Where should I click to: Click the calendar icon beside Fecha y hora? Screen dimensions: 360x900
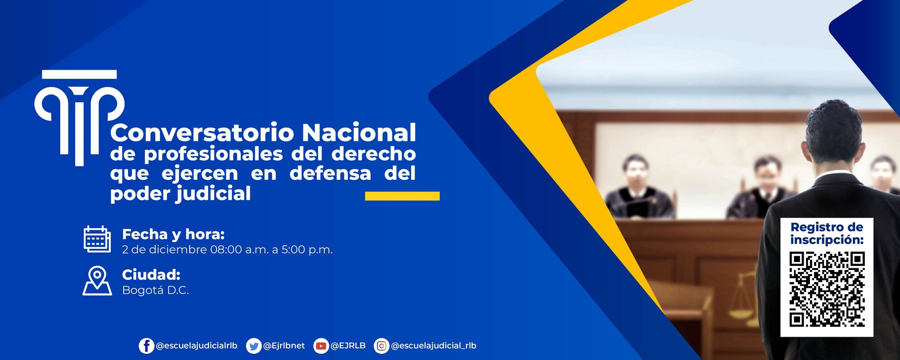[x=97, y=239]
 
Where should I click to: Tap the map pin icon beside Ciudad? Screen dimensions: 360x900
[x=97, y=281]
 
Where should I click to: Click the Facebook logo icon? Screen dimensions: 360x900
[x=146, y=346]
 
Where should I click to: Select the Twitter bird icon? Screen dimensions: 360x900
[x=254, y=346]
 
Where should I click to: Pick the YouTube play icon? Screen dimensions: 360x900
[x=321, y=346]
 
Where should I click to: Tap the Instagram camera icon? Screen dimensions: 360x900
[x=381, y=346]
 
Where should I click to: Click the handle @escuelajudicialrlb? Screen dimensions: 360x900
[x=196, y=346]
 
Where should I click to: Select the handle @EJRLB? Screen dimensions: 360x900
[x=348, y=346]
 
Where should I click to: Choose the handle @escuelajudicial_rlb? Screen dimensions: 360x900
[x=434, y=346]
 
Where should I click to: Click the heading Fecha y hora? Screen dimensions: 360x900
[x=173, y=234]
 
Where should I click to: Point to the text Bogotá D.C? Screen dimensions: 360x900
[x=155, y=290]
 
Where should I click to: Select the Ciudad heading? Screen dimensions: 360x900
[x=151, y=274]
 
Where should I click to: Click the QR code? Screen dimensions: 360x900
[x=827, y=289]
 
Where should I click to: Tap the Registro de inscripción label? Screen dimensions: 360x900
[x=827, y=233]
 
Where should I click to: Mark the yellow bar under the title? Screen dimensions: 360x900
[x=402, y=196]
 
